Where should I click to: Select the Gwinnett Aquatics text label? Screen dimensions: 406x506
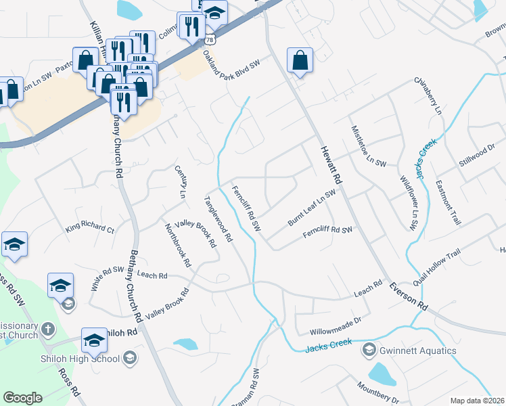[417, 351]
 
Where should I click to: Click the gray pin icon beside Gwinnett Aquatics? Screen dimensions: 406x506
[369, 350]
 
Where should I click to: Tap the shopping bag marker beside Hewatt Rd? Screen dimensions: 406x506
[299, 61]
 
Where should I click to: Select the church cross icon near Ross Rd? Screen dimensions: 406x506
[47, 330]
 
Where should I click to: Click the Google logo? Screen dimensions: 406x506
[22, 398]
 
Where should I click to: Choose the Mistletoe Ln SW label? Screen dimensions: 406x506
[369, 146]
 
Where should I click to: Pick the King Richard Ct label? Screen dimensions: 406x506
[90, 226]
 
